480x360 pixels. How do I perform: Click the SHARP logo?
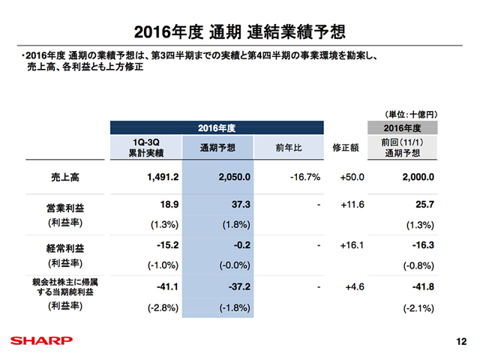[x=37, y=340]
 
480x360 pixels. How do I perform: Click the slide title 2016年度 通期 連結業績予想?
[x=239, y=31]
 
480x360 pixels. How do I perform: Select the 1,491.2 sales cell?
[x=157, y=178]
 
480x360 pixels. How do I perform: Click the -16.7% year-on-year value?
[x=304, y=178]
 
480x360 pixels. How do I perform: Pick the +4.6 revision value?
[x=353, y=286]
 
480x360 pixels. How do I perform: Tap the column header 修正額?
[x=344, y=147]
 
